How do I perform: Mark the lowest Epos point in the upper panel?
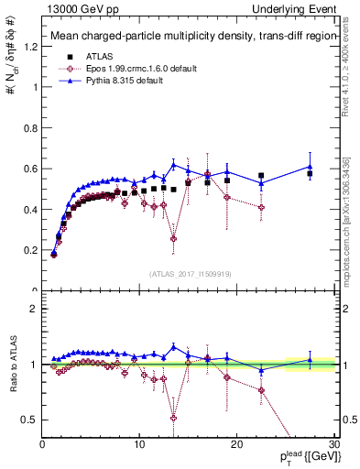coord(173,238)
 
